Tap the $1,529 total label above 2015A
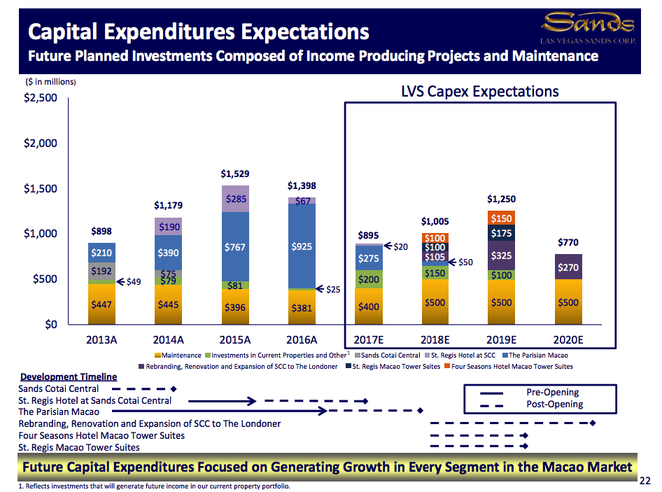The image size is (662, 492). [x=235, y=173]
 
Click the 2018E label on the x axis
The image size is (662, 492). [x=435, y=340]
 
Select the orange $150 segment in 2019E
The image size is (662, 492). [x=502, y=219]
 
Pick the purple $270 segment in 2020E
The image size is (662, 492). [x=568, y=267]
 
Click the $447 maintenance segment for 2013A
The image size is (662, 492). [x=102, y=304]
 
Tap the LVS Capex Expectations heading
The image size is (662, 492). [x=479, y=92]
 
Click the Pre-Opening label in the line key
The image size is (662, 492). [x=552, y=392]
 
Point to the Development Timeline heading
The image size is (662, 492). [x=69, y=377]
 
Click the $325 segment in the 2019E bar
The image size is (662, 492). [x=502, y=256]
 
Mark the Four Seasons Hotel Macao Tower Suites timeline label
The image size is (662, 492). [x=101, y=435]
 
